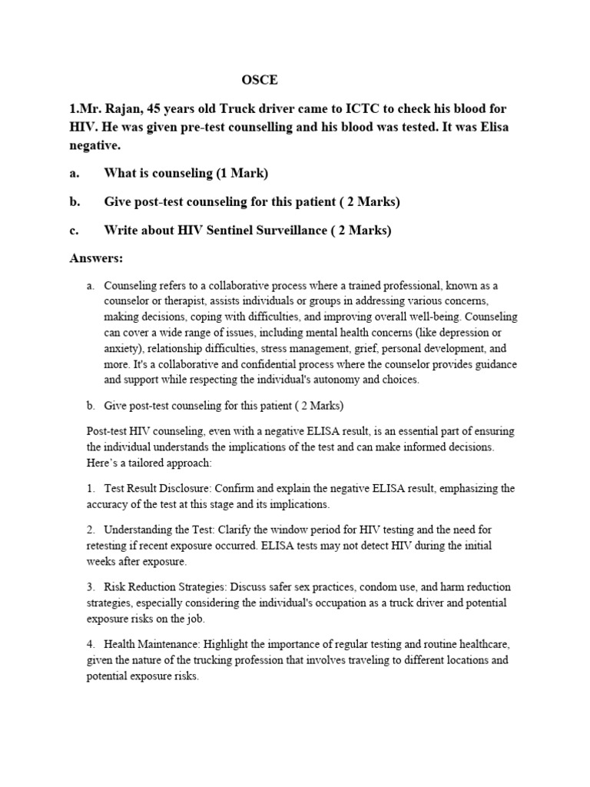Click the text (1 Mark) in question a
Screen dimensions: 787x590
click(242, 173)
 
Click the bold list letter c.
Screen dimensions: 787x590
click(74, 231)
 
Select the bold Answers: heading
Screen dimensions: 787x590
click(96, 258)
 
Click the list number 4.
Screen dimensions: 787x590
click(90, 645)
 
